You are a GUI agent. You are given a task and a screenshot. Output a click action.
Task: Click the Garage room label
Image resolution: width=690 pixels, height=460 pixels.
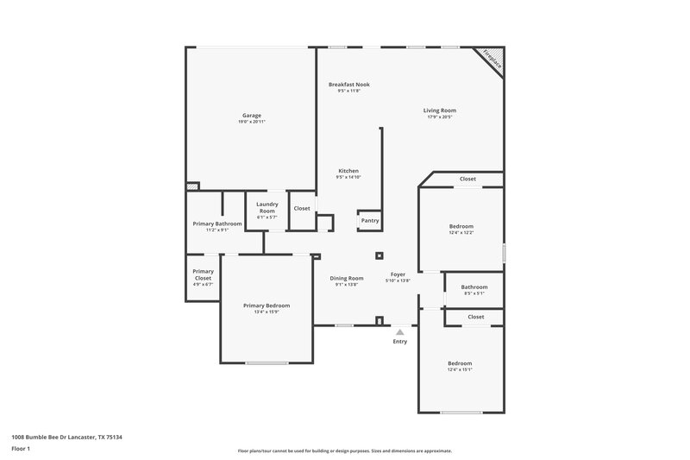[251, 116]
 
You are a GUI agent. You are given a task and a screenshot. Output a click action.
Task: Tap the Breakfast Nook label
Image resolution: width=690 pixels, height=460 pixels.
[348, 85]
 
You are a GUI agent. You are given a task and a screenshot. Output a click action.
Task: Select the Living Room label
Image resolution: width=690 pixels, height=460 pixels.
[439, 110]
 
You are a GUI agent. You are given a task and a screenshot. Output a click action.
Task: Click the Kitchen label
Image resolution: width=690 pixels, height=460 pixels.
[348, 171]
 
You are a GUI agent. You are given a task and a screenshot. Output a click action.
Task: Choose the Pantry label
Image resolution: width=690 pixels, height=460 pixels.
[369, 220]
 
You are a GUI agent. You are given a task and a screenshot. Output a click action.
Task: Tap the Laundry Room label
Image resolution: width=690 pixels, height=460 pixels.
[267, 208]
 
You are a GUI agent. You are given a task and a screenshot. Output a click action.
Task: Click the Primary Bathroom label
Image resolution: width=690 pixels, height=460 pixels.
[216, 224]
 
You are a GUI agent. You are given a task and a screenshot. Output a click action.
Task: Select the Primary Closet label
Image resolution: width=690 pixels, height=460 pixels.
[203, 274]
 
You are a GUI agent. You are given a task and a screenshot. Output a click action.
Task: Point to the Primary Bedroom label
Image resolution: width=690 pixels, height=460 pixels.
[266, 306]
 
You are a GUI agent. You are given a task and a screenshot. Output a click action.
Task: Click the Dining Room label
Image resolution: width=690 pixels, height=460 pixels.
[347, 278]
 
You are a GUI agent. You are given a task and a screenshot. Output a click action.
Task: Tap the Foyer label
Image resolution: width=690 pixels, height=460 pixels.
[398, 274]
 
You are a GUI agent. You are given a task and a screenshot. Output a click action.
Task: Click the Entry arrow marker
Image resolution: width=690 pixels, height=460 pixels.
[399, 331]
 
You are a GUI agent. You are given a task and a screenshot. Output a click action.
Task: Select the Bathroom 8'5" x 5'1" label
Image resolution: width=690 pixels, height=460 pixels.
[474, 287]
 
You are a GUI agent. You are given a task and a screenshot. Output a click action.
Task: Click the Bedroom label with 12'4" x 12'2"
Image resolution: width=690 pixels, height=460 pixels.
[461, 226]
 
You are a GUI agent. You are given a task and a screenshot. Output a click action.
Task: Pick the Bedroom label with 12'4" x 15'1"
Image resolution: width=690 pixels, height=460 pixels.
[460, 363]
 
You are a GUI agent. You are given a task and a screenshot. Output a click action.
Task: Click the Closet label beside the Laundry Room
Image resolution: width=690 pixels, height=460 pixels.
[302, 208]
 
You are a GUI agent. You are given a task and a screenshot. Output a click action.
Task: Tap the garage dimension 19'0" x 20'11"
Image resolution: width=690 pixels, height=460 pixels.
[251, 123]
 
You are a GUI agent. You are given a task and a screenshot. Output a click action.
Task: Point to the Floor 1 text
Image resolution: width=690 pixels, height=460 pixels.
[20, 449]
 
